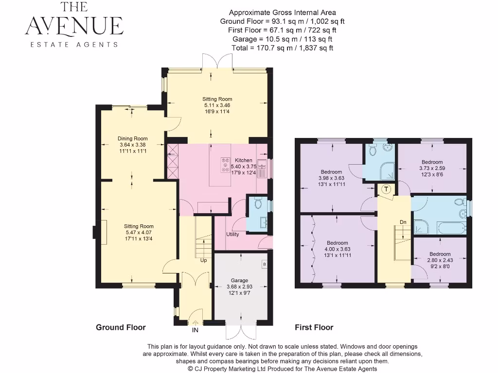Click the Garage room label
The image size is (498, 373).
[239, 280]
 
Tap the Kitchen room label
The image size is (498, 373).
[244, 160]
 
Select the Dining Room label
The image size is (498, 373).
[133, 138]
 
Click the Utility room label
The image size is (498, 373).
[232, 235]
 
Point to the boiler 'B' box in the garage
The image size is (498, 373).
[264, 265]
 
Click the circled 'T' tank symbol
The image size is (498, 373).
[386, 189]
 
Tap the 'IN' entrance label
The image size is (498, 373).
[195, 330]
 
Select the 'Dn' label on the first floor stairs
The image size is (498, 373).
[403, 222]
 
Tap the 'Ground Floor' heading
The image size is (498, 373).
[121, 327]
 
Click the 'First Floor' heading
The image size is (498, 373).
[314, 327]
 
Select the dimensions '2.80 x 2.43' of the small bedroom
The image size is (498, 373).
[440, 260]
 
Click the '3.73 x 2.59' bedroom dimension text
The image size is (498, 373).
[432, 168]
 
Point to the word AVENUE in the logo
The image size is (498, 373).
[74, 25]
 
